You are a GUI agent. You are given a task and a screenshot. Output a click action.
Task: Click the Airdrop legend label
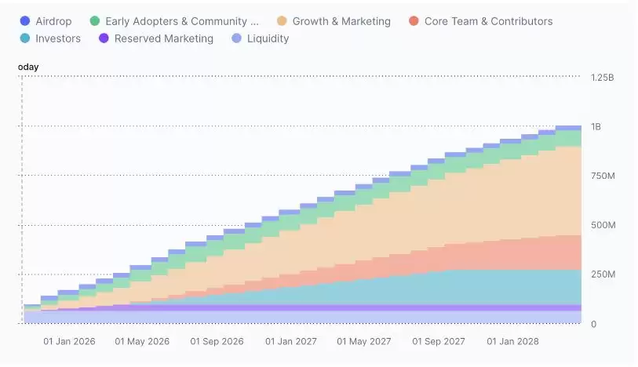54,21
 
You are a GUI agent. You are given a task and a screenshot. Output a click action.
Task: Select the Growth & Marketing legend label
341,21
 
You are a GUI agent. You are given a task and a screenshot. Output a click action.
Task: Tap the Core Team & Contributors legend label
488,21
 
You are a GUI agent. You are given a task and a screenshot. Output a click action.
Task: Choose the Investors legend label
58,38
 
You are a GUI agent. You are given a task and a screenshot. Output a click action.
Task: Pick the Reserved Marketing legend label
163,38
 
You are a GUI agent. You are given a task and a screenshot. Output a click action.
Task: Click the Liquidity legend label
268,38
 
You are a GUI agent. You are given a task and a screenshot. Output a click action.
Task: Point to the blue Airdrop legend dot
25,21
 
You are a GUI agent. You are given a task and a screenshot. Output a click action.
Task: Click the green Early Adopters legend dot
95,21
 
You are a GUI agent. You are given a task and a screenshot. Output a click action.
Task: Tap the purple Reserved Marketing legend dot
104,38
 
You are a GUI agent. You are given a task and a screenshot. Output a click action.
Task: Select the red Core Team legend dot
414,21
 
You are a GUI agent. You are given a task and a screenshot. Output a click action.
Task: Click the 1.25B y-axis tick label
603,78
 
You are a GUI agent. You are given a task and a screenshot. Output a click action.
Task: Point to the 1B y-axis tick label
596,127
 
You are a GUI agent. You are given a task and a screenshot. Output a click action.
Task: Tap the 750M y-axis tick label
603,176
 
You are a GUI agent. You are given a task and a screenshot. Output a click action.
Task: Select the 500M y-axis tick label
603,226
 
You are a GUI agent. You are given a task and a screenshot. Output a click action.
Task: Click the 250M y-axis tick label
603,274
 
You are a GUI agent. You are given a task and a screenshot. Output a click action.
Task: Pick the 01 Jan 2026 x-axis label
71,342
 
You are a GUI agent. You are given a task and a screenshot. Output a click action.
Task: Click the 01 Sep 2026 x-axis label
217,342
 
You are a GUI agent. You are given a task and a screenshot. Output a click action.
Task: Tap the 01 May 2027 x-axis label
364,342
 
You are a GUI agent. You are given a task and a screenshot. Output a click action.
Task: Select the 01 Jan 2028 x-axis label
513,342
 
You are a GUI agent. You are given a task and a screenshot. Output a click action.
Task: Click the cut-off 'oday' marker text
28,67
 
